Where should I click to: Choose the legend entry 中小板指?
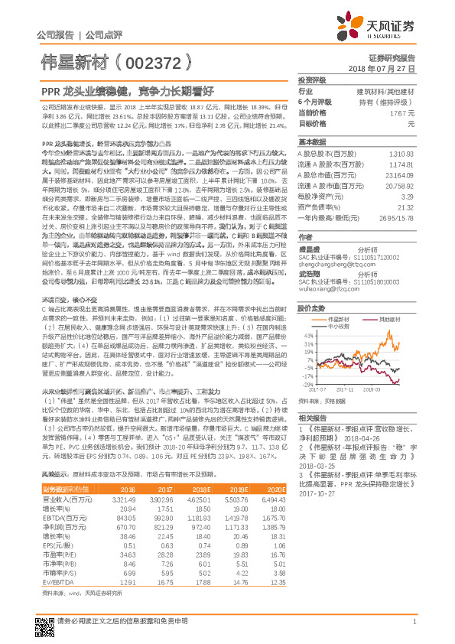point(340,326)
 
